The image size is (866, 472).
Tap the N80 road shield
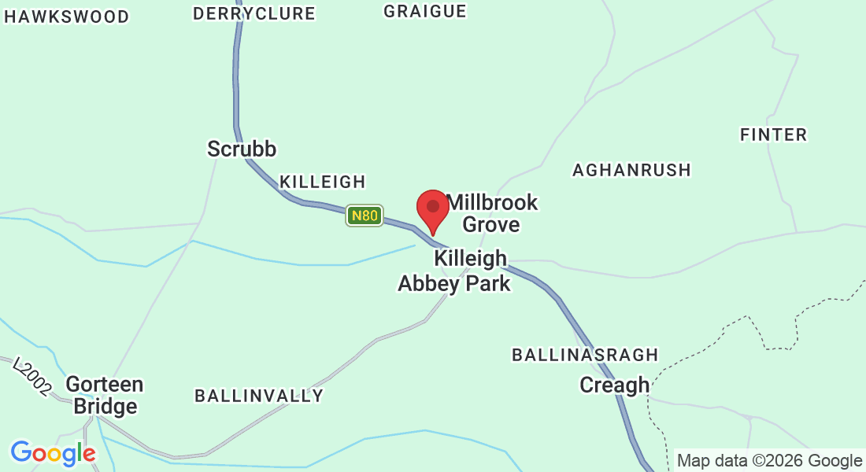click(x=365, y=215)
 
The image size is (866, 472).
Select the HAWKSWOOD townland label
click(x=66, y=17)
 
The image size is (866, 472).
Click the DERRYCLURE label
click(x=254, y=13)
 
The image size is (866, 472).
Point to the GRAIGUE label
click(x=425, y=11)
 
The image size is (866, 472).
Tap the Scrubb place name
click(x=242, y=149)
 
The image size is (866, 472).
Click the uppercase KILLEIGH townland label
click(x=323, y=182)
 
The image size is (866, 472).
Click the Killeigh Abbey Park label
click(x=455, y=271)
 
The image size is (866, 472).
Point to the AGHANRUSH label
click(x=631, y=170)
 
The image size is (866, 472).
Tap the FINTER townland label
click(x=774, y=135)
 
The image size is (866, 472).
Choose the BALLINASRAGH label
click(x=585, y=355)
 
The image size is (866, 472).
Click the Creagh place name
click(x=615, y=385)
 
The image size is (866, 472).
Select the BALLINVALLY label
click(x=259, y=396)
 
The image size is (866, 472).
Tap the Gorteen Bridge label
click(x=105, y=395)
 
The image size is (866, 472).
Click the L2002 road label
click(x=32, y=375)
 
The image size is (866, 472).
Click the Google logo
click(x=53, y=453)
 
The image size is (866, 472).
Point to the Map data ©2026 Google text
click(x=770, y=461)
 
